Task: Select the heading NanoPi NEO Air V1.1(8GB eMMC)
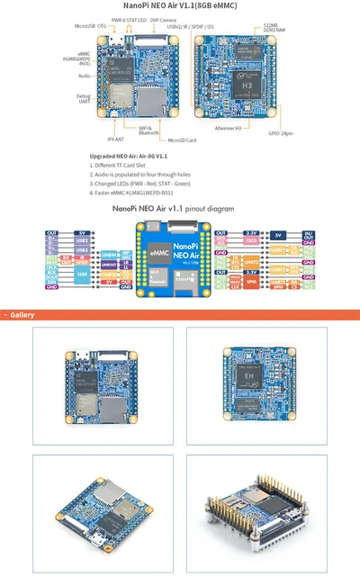180,5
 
